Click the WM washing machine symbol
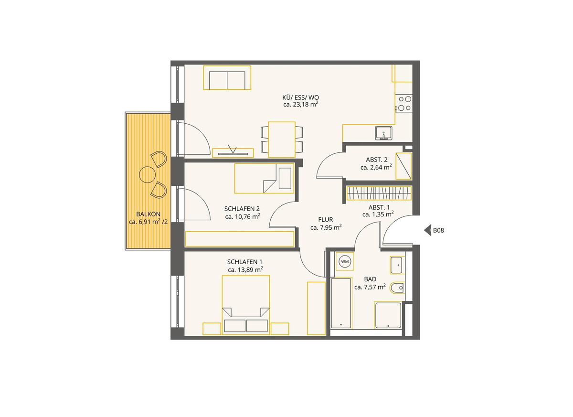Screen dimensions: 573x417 pos(345,261)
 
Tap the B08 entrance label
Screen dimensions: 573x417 pos(438,231)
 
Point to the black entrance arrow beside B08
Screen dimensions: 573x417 pos(427,230)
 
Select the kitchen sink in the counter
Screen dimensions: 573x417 pos(384,133)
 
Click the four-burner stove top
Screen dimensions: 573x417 pos(404,103)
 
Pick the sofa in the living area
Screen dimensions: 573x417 pos(227,78)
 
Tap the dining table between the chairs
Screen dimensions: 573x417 pos(282,139)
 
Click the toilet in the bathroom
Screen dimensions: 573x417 pos(397,288)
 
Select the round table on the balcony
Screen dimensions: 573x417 pos(147,174)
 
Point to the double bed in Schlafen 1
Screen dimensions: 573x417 pos(246,305)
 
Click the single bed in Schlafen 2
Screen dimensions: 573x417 pos(264,178)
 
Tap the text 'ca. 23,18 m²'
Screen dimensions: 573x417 pos(301,105)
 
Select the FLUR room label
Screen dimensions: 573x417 pos(326,220)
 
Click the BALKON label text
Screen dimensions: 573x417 pos(149,214)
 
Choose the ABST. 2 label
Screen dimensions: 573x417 pos(377,160)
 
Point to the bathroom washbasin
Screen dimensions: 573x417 pos(397,265)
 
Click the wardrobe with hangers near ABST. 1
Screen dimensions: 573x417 pos(379,193)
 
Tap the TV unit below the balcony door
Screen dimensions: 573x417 pos(233,153)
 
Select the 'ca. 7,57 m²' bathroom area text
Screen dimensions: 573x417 pos(370,287)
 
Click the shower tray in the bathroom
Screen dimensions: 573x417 pos(388,315)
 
